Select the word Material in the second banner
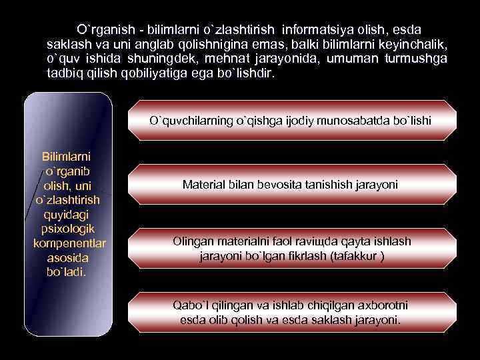[x=203, y=183]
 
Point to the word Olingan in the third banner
[x=192, y=241]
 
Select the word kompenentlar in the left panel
[x=69, y=243]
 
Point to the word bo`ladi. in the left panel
[x=67, y=272]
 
